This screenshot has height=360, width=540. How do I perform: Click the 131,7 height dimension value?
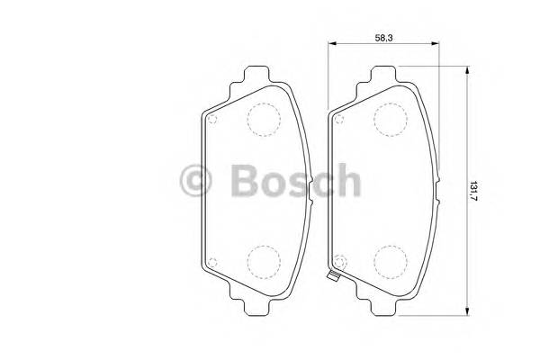[474, 191]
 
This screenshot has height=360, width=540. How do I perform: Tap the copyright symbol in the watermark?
[197, 181]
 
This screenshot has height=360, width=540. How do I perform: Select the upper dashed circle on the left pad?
[263, 119]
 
